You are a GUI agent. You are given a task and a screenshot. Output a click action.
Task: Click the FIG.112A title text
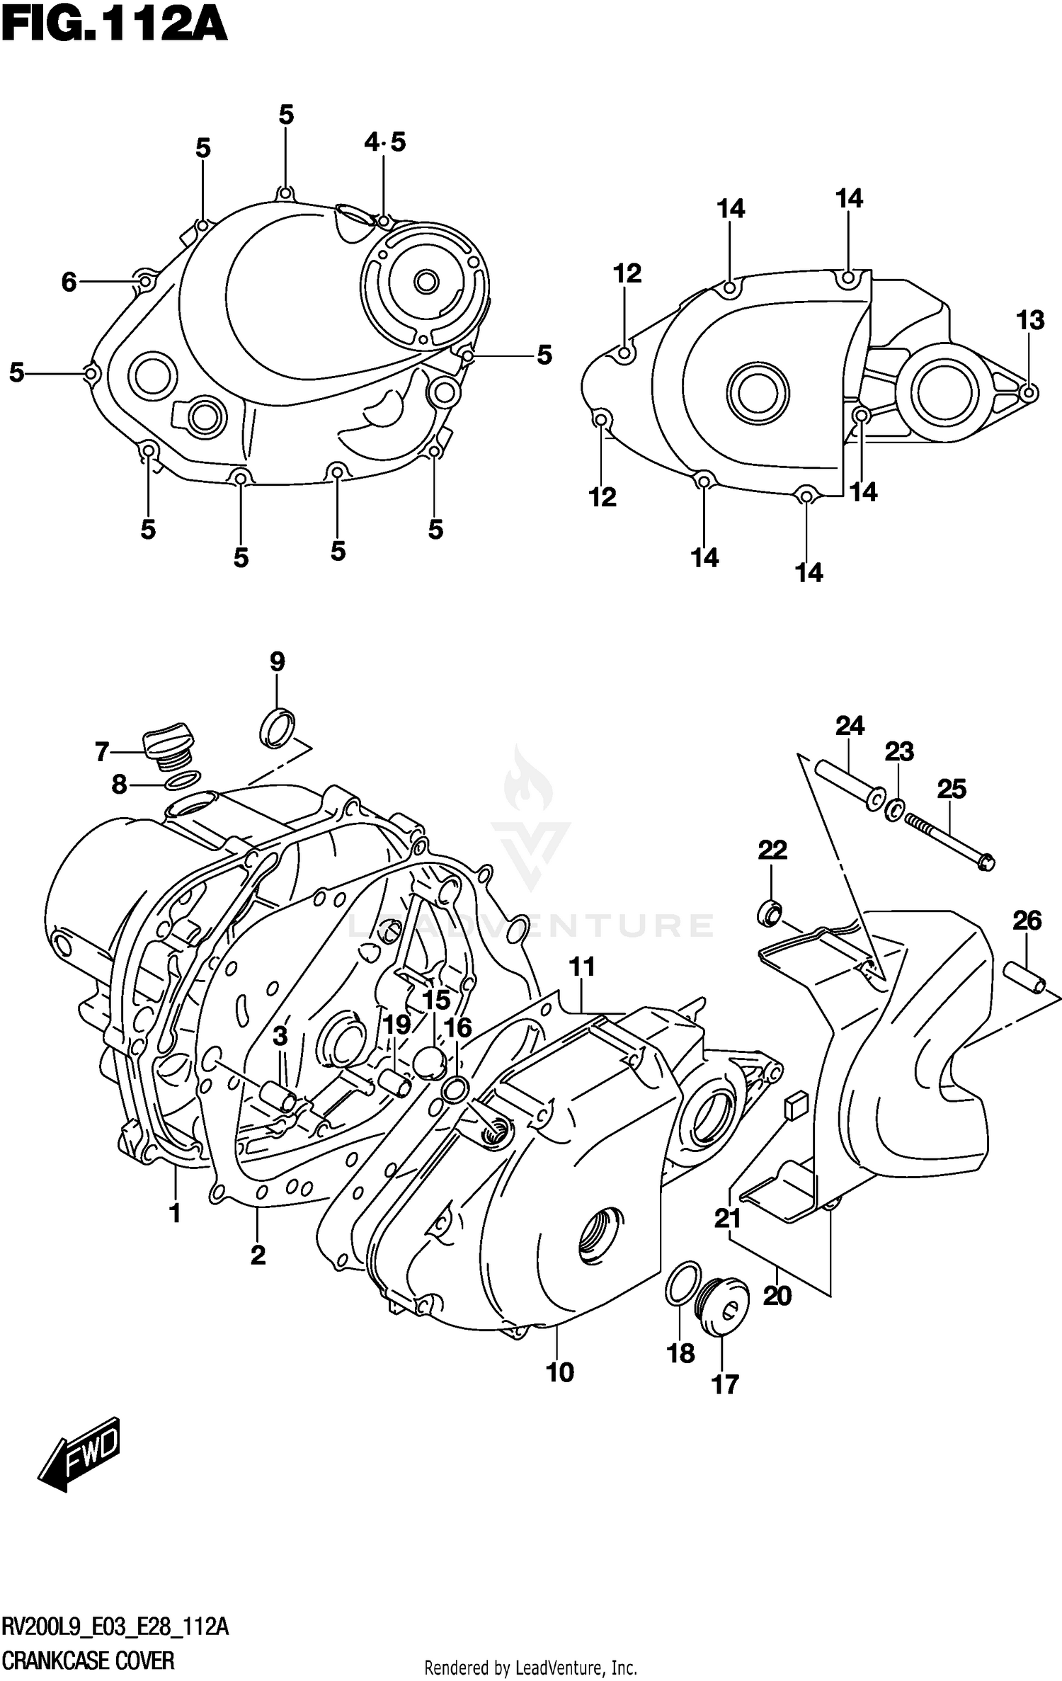[x=113, y=27]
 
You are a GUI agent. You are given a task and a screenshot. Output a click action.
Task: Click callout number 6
[x=69, y=283]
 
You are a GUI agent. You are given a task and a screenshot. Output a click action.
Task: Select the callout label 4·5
[x=384, y=142]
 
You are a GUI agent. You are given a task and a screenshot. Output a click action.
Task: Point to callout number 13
[x=1030, y=321]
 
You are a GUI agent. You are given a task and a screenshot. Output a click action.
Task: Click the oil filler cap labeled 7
[x=168, y=743]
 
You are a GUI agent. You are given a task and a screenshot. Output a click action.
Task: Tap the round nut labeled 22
[x=770, y=913]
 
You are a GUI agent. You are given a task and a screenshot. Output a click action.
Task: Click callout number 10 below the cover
[x=559, y=1372]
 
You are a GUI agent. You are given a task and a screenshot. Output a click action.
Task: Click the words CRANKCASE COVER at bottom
[x=88, y=1660]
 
